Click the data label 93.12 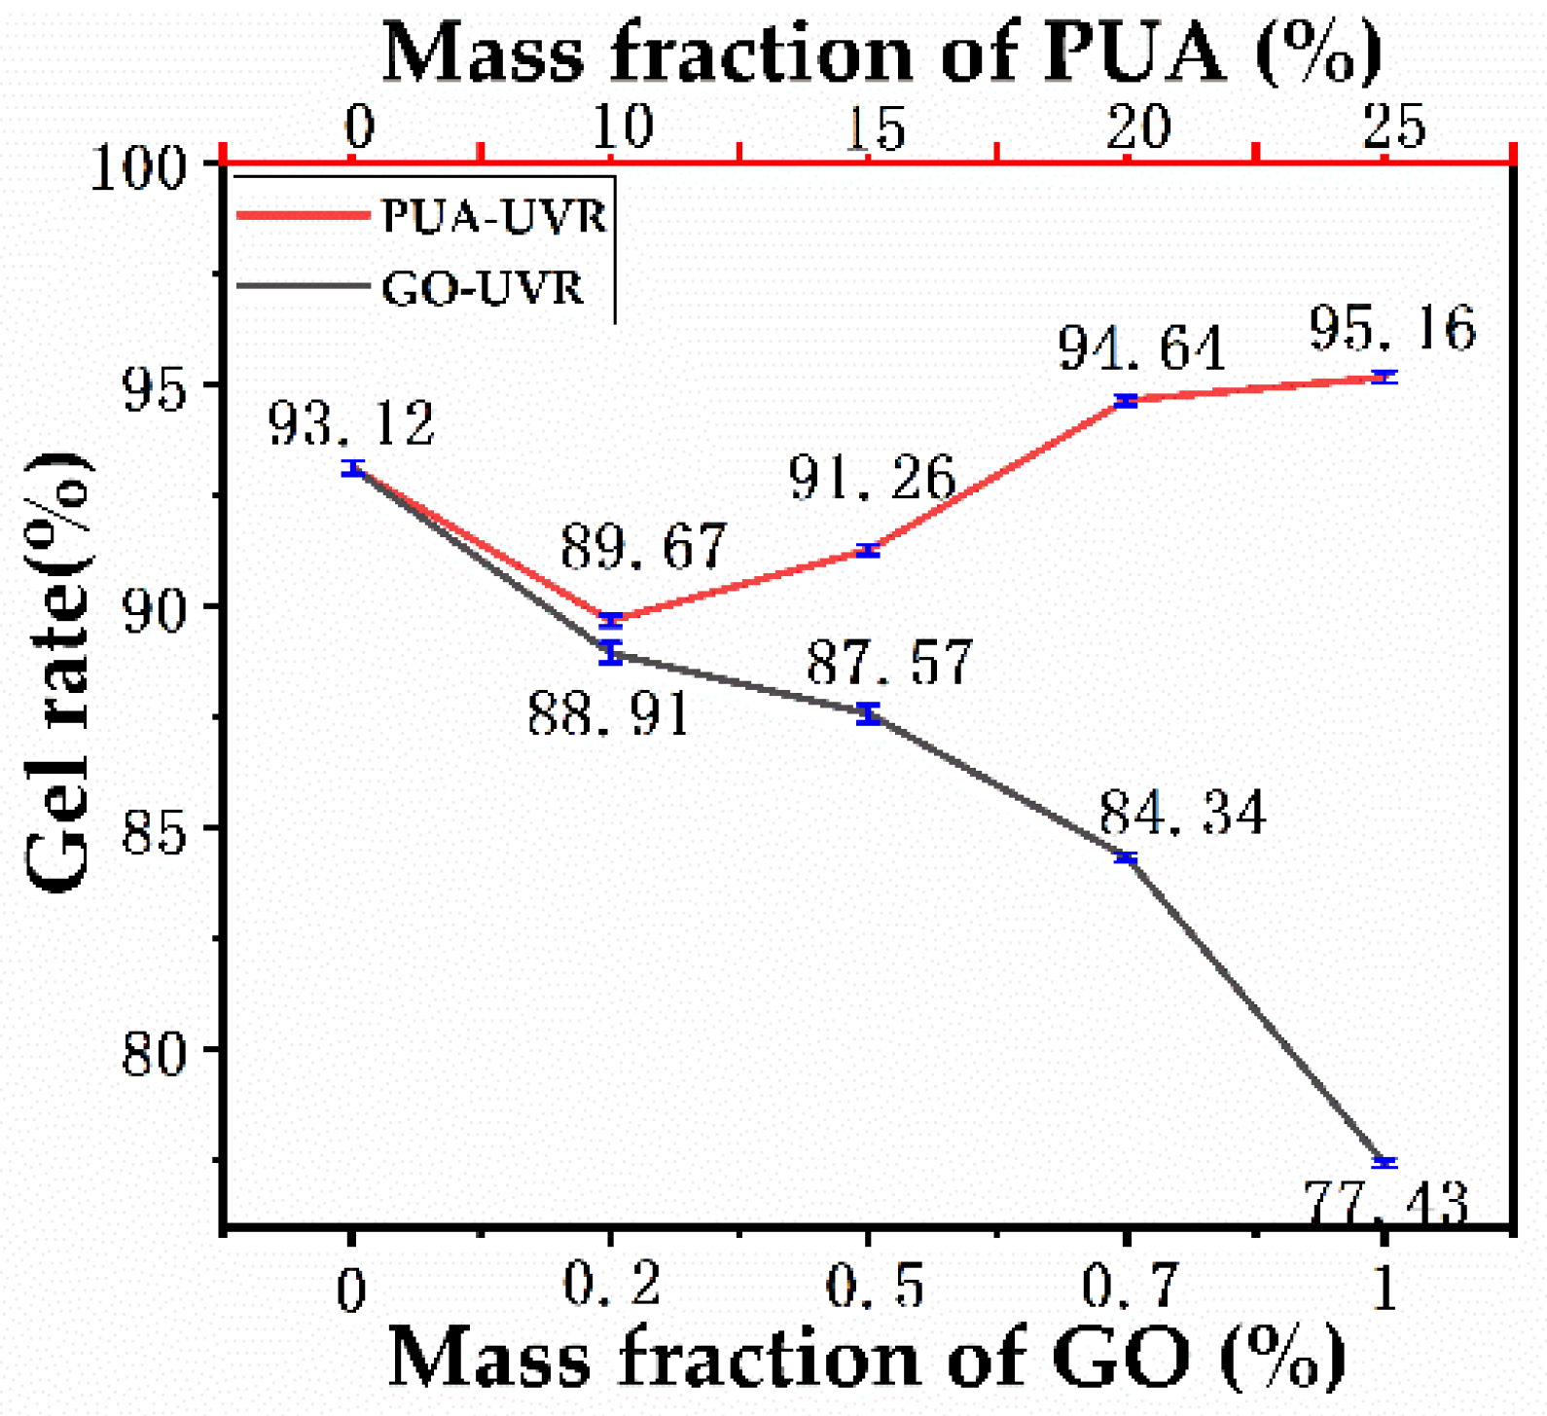click(x=351, y=424)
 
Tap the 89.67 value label click(x=643, y=547)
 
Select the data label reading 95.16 click(x=1391, y=328)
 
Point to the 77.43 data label click(x=1385, y=1203)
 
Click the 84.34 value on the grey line click(x=1183, y=813)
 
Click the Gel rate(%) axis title click(x=59, y=672)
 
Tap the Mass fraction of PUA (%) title click(x=881, y=53)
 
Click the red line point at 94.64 click(x=1127, y=401)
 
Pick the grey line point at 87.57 click(x=869, y=714)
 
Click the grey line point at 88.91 click(x=610, y=653)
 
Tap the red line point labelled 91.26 click(x=868, y=551)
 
